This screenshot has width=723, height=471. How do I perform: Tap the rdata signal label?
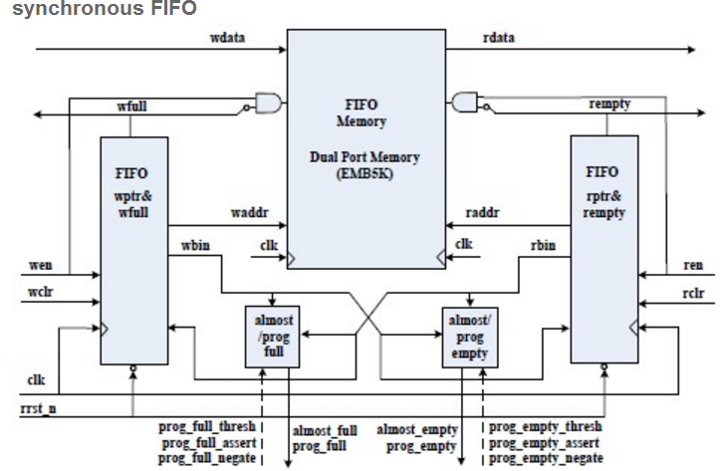pos(499,38)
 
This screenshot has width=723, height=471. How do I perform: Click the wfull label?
pos(132,106)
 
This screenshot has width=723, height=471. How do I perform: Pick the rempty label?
pos(609,105)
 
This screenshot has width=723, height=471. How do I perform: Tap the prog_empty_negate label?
pos(546,458)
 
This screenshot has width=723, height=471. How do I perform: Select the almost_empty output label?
pos(417,429)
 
